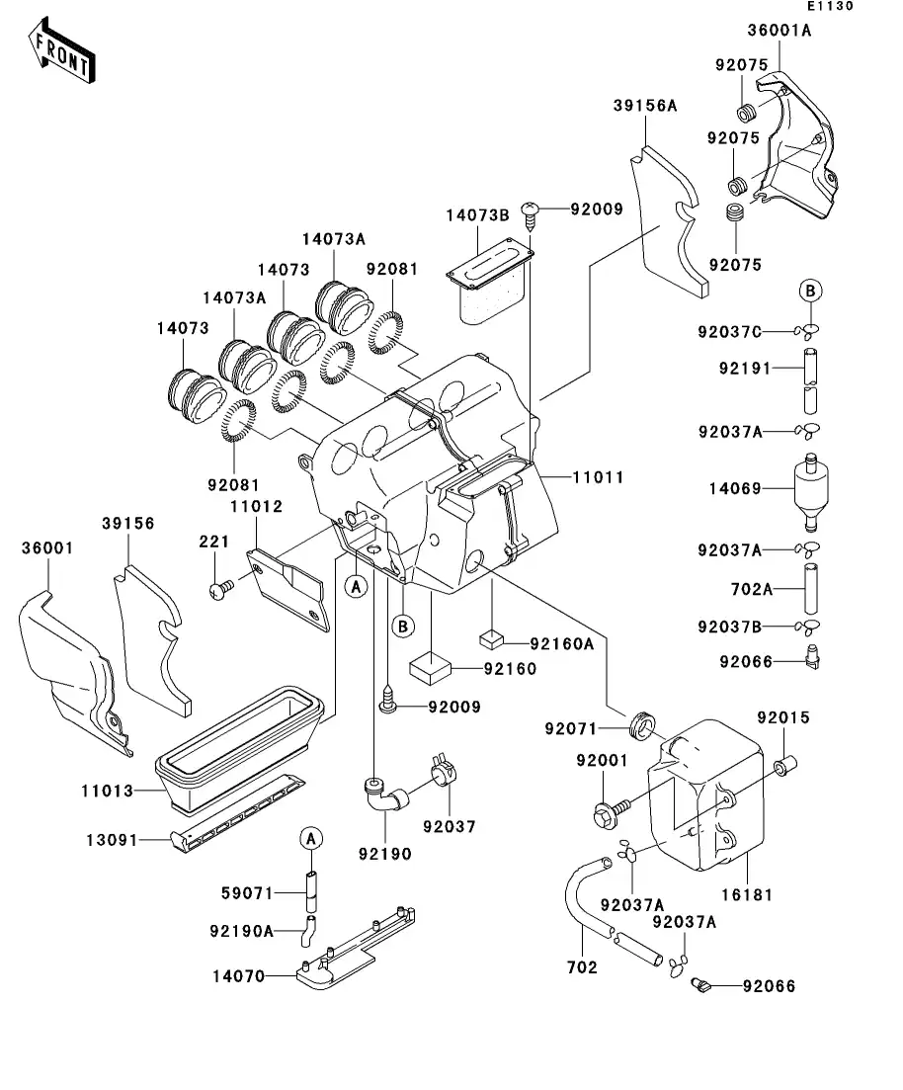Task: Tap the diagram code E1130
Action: click(829, 7)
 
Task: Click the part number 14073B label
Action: click(476, 214)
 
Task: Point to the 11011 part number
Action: click(598, 477)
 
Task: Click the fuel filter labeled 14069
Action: click(811, 487)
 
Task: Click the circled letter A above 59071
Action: click(310, 838)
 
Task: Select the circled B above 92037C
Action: click(810, 291)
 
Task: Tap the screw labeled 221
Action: click(219, 590)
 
